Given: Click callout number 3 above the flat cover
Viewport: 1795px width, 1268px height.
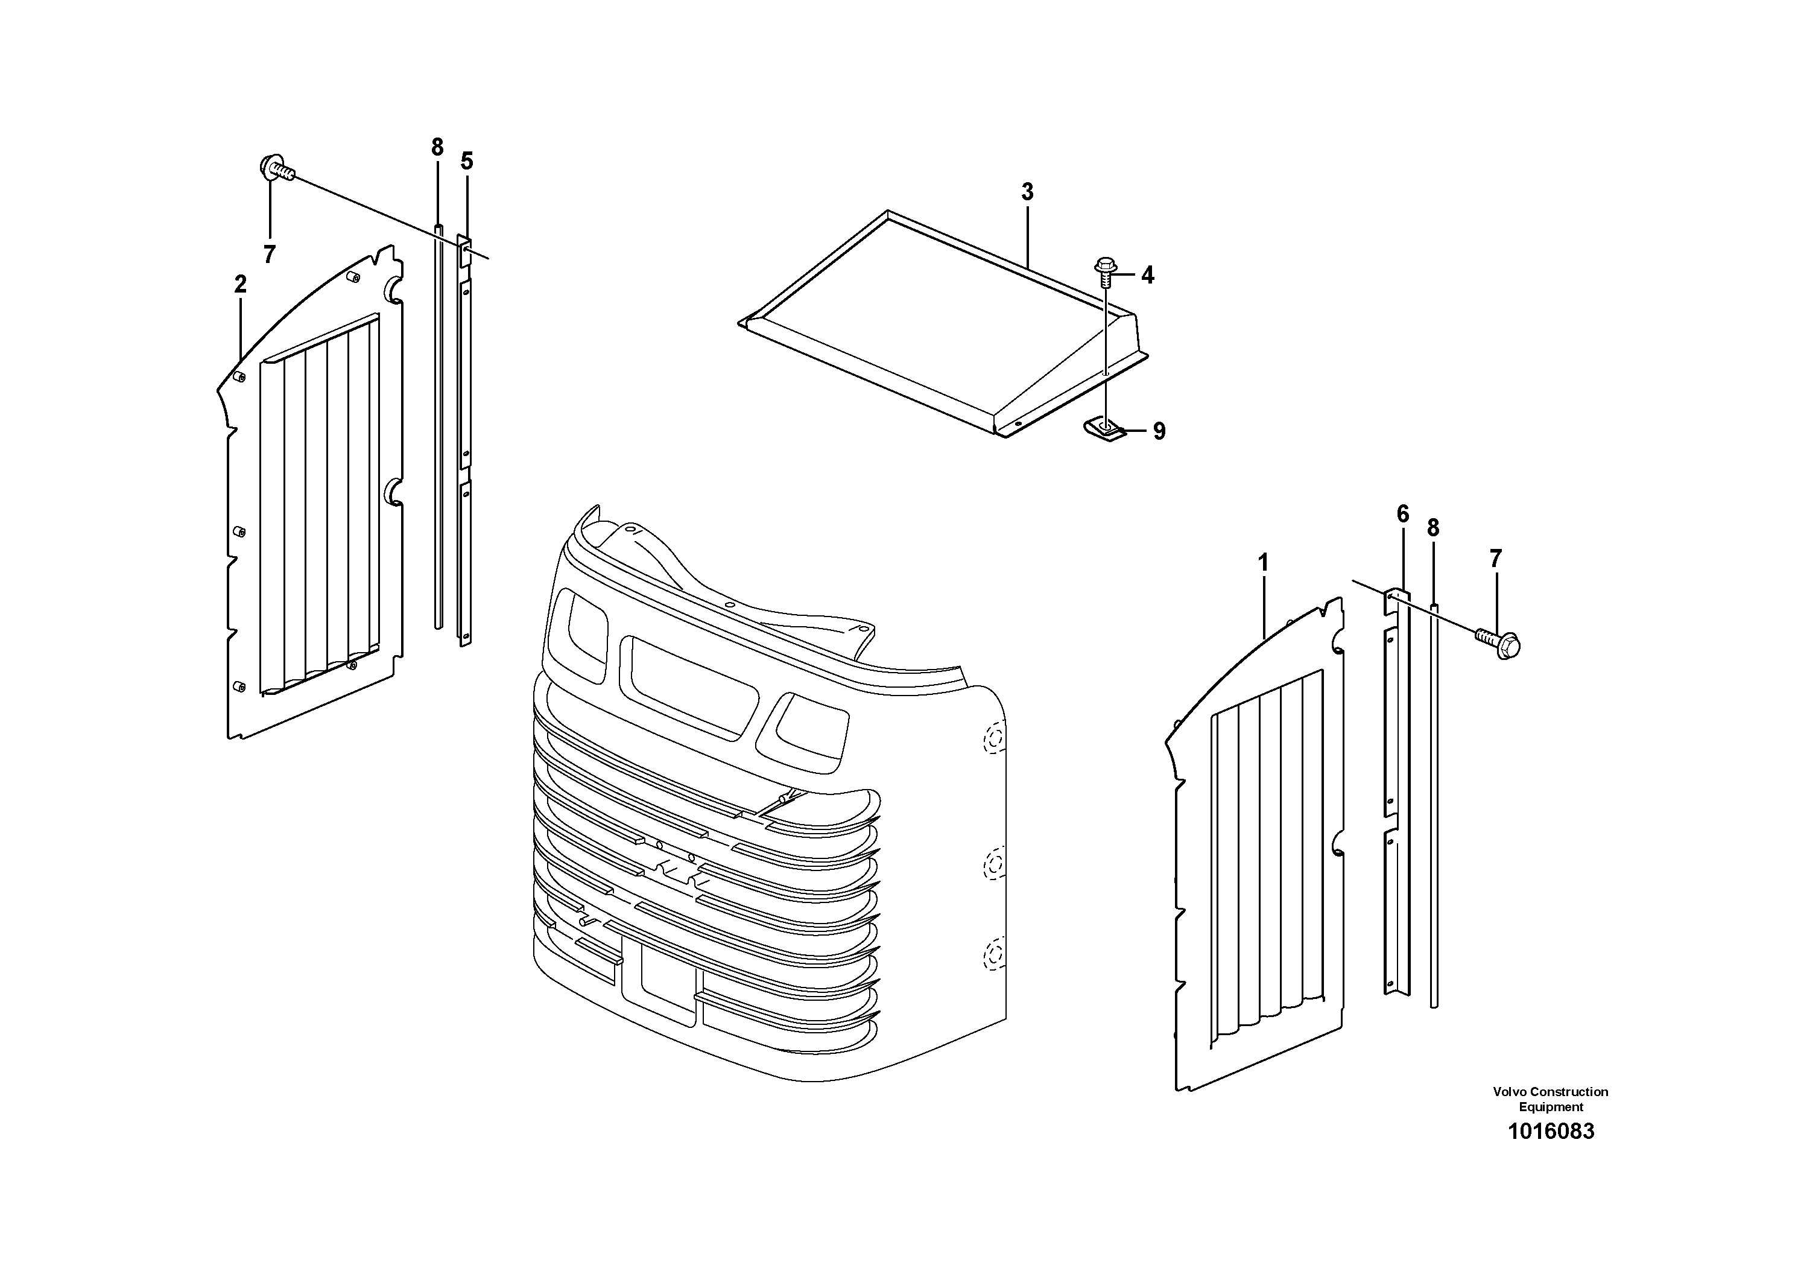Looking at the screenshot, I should pos(1027,192).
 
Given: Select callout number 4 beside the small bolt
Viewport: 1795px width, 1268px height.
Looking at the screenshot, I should pos(1147,275).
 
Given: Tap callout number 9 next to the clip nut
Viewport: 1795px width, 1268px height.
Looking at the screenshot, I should pos(1159,431).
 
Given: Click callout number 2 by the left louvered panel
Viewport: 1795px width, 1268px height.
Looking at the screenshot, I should pos(240,285).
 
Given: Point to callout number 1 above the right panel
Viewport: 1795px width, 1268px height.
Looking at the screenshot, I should pos(1262,563).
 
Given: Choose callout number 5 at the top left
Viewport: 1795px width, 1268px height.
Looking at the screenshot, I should pos(467,162).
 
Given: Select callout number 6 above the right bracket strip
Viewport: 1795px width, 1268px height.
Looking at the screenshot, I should pos(1402,515).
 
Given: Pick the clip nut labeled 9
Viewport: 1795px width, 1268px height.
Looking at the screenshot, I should pos(1104,428).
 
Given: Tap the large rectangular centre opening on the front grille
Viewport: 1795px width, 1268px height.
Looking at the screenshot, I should pos(688,686).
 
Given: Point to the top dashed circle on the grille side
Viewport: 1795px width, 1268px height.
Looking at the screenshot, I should pos(993,737).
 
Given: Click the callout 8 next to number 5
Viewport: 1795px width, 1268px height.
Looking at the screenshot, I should pos(437,147).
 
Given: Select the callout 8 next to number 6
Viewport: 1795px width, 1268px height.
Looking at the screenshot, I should pos(1433,528).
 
